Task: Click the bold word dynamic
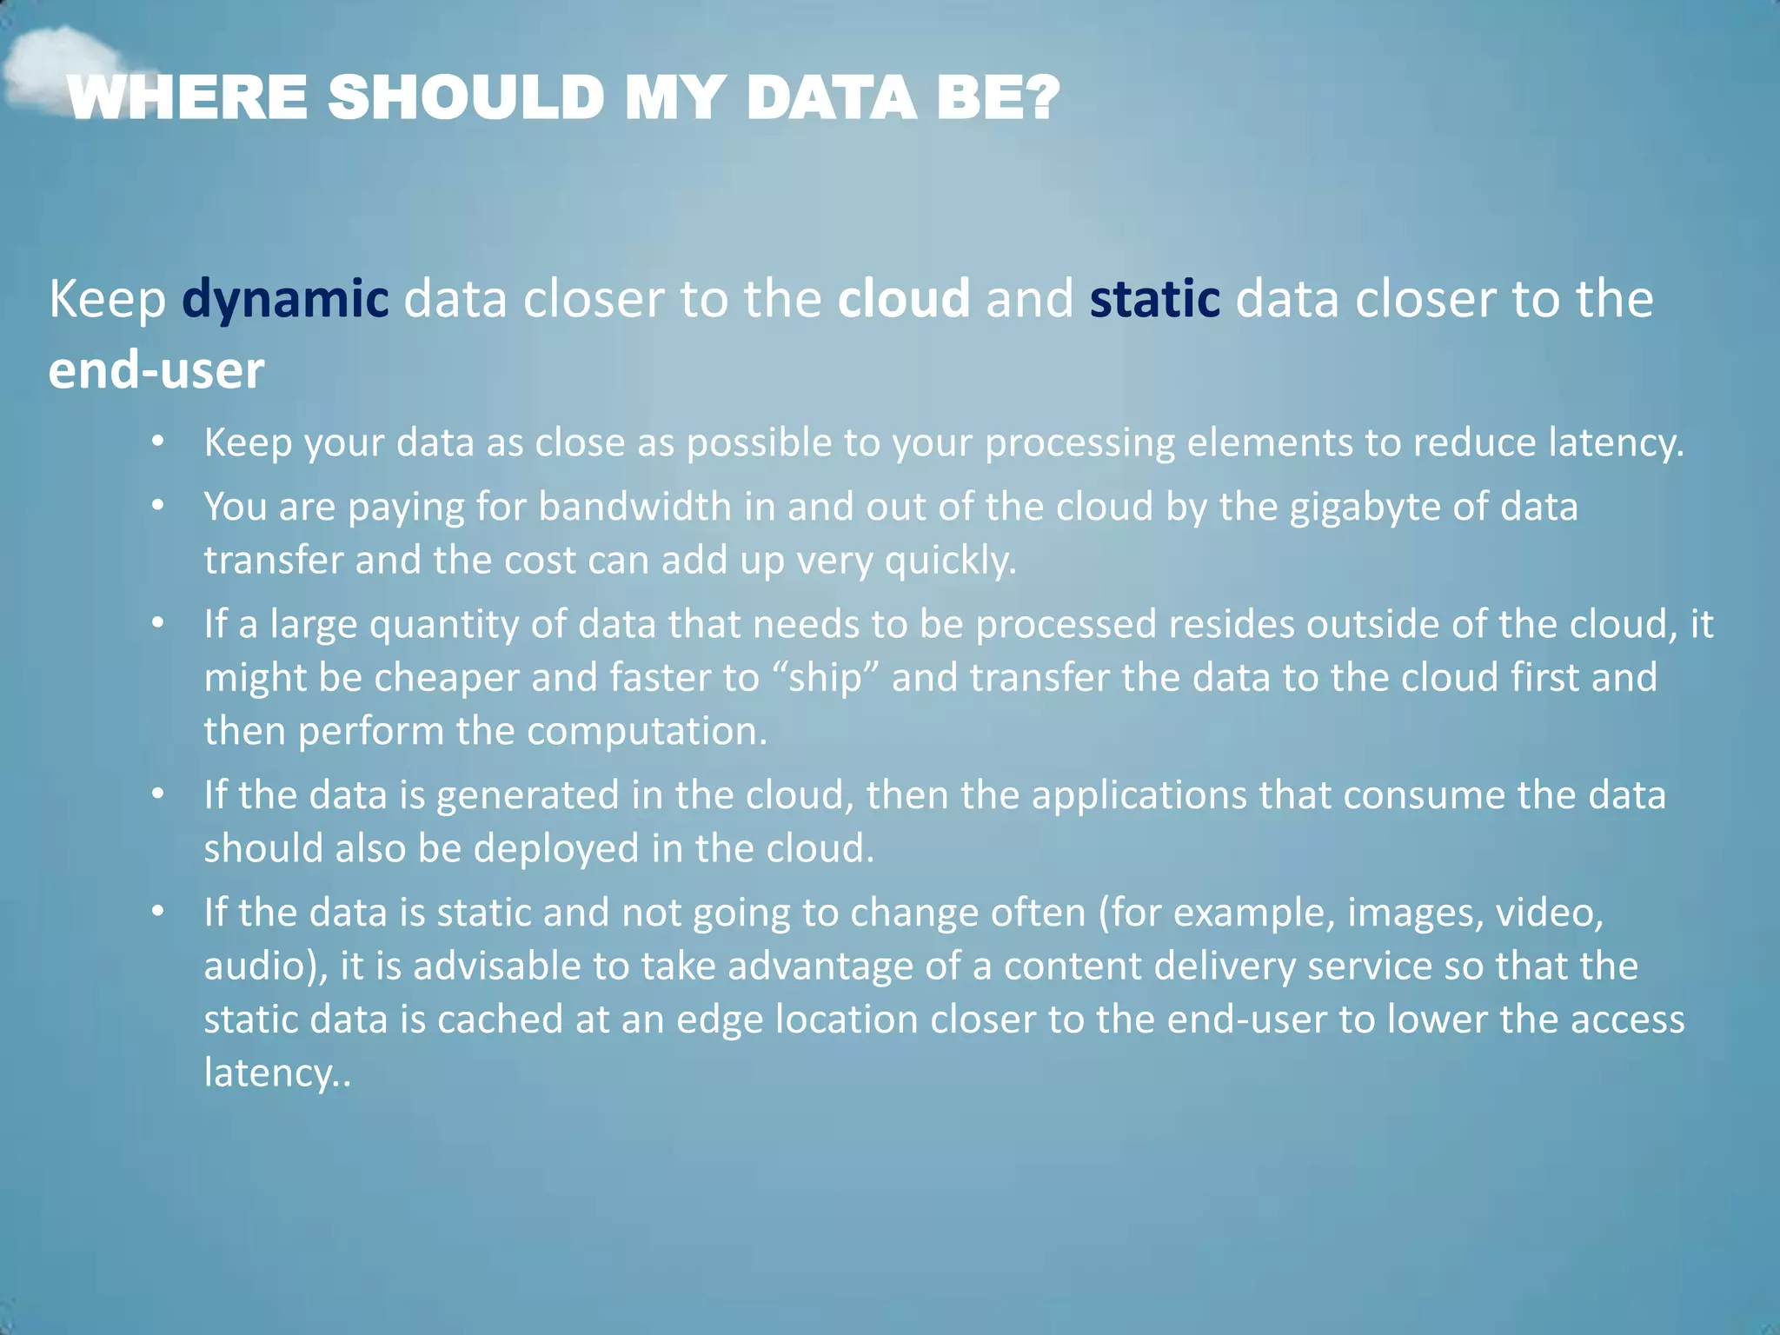(285, 298)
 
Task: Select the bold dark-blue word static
(1154, 298)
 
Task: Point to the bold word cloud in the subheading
(904, 298)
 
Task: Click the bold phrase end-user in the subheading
(156, 370)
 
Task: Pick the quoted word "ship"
(825, 678)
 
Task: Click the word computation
(647, 732)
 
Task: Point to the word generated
(527, 796)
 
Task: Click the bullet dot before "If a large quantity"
(157, 623)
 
